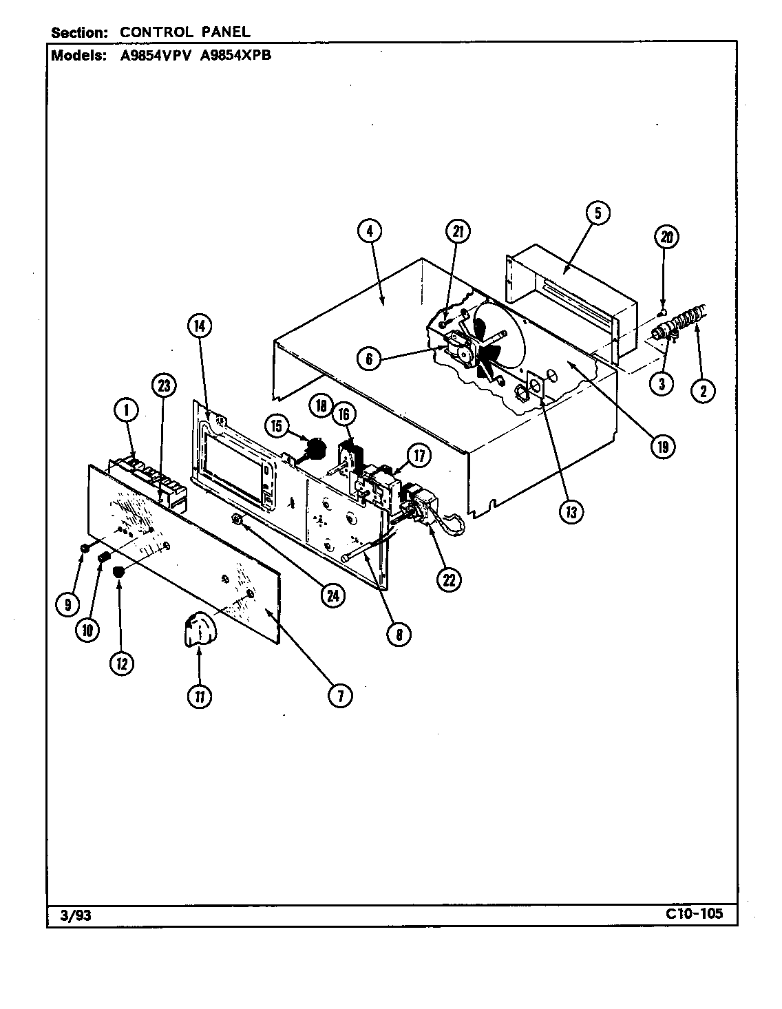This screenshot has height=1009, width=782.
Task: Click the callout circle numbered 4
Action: point(370,232)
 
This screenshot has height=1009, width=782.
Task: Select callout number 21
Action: point(457,232)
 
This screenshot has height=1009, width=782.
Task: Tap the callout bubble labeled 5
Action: point(598,213)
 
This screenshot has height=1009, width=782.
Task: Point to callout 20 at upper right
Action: point(666,237)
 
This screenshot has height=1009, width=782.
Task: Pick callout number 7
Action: point(339,697)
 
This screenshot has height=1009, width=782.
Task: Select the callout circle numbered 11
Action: point(199,697)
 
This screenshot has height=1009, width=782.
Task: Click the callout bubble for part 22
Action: point(448,580)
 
